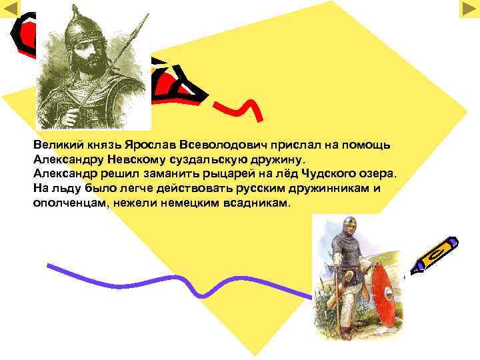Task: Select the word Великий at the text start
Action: [x=56, y=145]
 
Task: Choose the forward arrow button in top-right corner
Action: [x=469, y=9]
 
